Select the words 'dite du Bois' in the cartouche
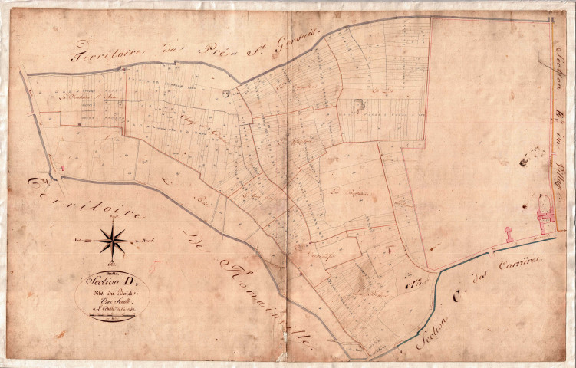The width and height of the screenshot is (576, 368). coord(111,291)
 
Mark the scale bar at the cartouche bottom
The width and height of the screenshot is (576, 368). coord(111,316)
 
